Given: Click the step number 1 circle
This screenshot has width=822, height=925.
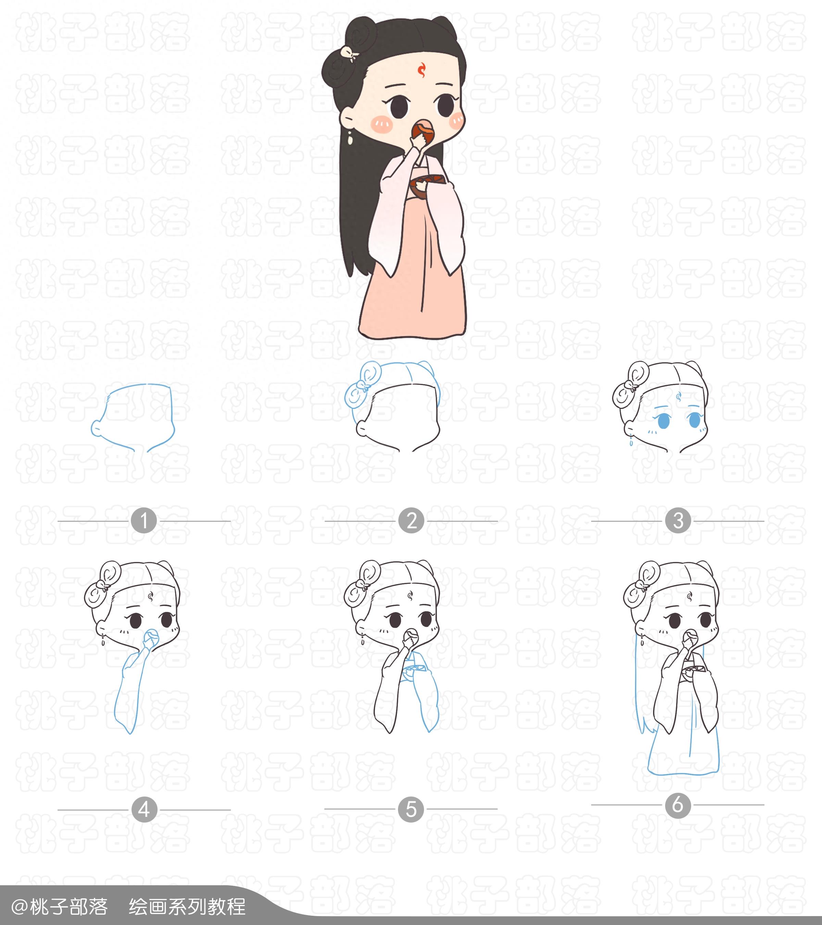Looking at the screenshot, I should (x=144, y=521).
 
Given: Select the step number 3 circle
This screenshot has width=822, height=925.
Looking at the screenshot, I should (x=678, y=521).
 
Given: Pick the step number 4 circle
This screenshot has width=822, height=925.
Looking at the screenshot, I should (x=144, y=810).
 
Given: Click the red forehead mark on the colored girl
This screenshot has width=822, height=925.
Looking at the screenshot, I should (x=422, y=69).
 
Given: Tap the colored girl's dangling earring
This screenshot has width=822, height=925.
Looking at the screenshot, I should (x=349, y=138).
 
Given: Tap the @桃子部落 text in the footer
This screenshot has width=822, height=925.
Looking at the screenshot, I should (x=59, y=907).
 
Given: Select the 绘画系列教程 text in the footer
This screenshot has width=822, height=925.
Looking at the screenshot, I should (x=187, y=907).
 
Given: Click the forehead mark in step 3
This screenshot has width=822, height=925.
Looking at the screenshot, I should (x=678, y=398).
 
